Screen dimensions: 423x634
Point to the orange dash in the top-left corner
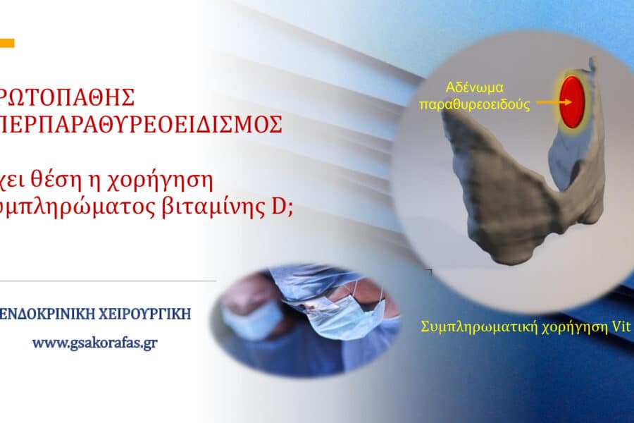pos(7,43)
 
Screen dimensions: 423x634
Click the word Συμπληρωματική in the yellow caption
pos(480,327)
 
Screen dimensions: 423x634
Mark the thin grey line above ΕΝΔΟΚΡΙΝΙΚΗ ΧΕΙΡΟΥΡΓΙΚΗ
pos(106,281)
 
